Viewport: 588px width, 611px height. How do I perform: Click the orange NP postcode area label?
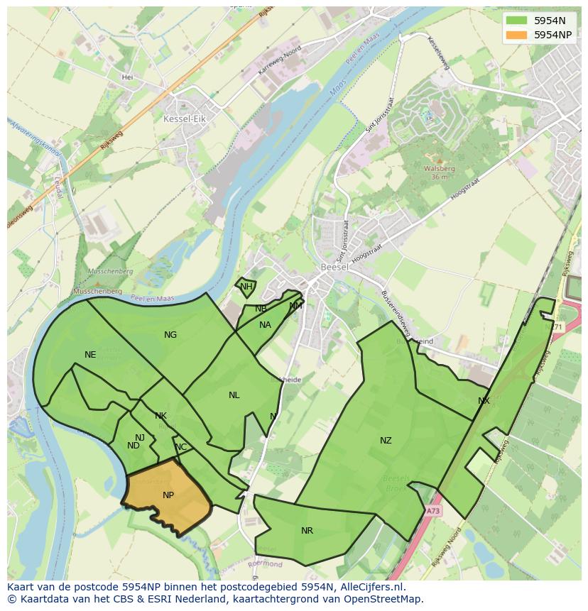click(x=168, y=495)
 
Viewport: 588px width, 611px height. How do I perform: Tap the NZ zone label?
click(x=386, y=441)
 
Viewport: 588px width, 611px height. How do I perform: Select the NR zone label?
click(x=307, y=531)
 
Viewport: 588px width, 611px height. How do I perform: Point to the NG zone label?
click(x=170, y=335)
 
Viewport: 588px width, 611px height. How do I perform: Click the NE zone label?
click(x=90, y=355)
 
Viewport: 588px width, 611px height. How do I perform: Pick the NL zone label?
click(x=234, y=395)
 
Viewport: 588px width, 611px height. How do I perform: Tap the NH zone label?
click(x=246, y=287)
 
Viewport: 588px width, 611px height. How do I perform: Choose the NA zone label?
click(x=265, y=325)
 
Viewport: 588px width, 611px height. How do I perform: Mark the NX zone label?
click(x=484, y=401)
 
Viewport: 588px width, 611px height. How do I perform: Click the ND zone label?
click(x=134, y=446)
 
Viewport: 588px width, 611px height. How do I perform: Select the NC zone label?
click(x=181, y=447)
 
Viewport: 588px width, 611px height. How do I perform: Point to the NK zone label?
click(x=160, y=416)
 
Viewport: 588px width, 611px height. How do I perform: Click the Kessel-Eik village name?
click(x=184, y=119)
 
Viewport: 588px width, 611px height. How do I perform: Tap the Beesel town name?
click(x=333, y=268)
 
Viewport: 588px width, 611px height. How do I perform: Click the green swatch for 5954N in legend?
click(x=517, y=21)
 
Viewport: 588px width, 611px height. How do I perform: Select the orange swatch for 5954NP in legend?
click(x=517, y=35)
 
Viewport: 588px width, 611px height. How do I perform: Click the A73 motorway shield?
click(x=433, y=510)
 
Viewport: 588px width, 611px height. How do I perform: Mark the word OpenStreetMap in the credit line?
click(x=383, y=599)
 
